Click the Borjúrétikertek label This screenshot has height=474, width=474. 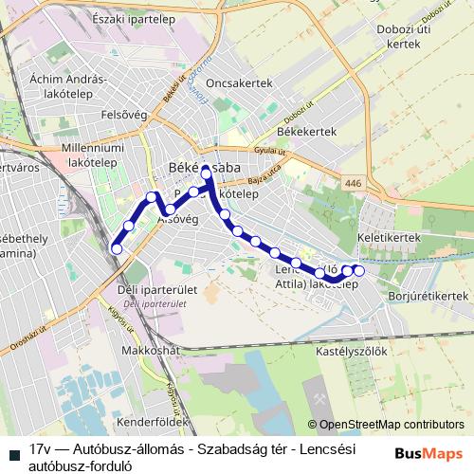[428, 296]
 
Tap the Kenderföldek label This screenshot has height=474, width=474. [156, 418]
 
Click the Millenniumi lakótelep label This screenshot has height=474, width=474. [66, 155]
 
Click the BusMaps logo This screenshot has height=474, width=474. [429, 454]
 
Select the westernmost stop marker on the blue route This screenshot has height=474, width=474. [118, 248]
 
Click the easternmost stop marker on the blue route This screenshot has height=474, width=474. [359, 271]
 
